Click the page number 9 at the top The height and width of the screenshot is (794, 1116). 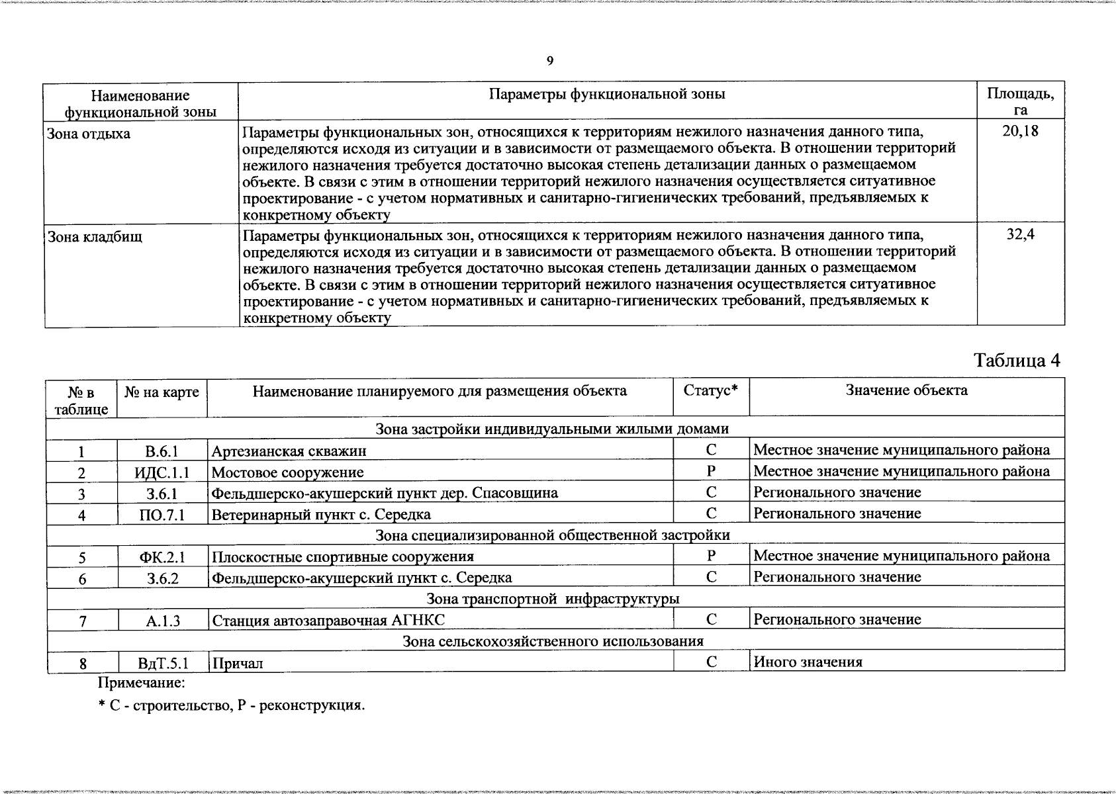click(550, 62)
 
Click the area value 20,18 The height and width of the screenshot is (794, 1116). click(1020, 131)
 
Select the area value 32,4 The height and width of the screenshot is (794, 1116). click(1020, 234)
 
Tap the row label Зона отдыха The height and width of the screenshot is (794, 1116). click(89, 134)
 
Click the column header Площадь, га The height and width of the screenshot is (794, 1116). click(1020, 101)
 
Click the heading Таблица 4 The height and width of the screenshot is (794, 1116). click(1017, 361)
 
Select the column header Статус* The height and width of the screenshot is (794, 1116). click(710, 390)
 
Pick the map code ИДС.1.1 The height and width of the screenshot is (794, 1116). click(162, 472)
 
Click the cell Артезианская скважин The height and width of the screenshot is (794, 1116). click(289, 451)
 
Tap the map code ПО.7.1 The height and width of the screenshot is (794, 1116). click(162, 515)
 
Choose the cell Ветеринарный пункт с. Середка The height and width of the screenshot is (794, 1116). click(321, 514)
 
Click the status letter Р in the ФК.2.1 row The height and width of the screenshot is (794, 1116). click(711, 556)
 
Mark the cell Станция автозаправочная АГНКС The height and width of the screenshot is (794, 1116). click(328, 621)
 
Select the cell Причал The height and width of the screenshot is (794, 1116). click(238, 663)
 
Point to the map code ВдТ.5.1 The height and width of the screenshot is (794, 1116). click(163, 663)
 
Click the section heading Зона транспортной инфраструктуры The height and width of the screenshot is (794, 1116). click(553, 599)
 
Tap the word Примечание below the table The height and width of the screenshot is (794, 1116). click(142, 682)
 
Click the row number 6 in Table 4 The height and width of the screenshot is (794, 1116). click(82, 578)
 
